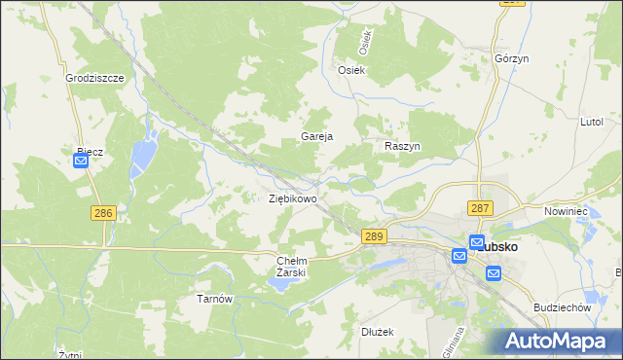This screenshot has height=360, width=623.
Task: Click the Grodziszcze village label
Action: (x=93, y=78)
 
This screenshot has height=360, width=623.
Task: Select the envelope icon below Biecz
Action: (x=81, y=162)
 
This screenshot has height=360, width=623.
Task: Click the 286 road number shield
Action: (x=103, y=213)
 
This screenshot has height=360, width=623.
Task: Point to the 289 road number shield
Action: (x=375, y=236)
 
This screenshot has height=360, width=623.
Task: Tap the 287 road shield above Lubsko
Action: (x=480, y=208)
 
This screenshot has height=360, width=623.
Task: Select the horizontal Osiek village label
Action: (x=350, y=70)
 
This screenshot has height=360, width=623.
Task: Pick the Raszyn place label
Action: (x=401, y=145)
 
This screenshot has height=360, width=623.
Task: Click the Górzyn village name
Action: (x=511, y=58)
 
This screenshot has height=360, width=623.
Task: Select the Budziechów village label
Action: (x=564, y=306)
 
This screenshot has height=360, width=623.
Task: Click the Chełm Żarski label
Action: (x=292, y=267)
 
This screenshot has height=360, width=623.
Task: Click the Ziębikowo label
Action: (x=293, y=198)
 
